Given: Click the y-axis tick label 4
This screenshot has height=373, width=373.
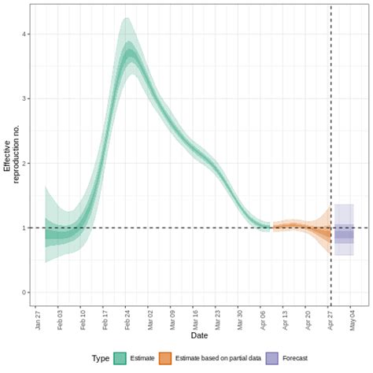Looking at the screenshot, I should pyautogui.click(x=26, y=35).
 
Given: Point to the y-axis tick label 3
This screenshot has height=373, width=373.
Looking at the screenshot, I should pyautogui.click(x=26, y=99).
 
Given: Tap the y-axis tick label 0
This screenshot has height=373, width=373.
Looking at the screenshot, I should pyautogui.click(x=26, y=293).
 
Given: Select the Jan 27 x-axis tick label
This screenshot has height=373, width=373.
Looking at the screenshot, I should pyautogui.click(x=38, y=319).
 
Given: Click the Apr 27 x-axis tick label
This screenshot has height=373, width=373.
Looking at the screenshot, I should pyautogui.click(x=330, y=319).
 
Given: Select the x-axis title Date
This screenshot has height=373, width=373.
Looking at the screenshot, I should pyautogui.click(x=199, y=336).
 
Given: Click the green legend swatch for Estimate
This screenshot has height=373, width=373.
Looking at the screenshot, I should pyautogui.click(x=120, y=357).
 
